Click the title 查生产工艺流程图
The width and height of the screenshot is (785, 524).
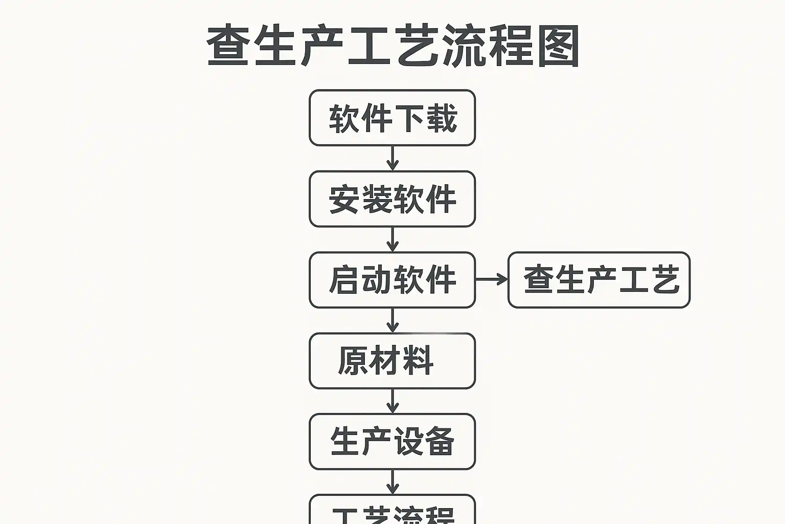coord(392,46)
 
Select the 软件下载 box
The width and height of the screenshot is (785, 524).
coord(392,118)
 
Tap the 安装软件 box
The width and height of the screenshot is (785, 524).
coord(392,199)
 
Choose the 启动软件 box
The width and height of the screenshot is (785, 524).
coord(392,280)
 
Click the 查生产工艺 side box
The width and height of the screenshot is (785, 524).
coord(599,280)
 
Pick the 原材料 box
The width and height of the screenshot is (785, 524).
coord(392,361)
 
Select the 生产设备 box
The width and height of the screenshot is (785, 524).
coord(392,442)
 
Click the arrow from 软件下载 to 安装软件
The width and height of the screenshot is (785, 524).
coord(392,158)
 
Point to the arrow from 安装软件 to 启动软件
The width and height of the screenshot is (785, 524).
coord(392,239)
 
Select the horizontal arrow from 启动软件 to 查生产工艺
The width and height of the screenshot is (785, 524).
coord(492,279)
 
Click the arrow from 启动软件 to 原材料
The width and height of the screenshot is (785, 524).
coord(392,320)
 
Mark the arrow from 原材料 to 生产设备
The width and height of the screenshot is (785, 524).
coord(392,401)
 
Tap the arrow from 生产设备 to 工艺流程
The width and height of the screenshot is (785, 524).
coord(392,482)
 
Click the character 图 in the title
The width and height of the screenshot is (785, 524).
coord(558,46)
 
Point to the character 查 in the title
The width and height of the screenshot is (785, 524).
coord(227,46)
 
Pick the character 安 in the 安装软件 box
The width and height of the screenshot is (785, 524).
coord(344,200)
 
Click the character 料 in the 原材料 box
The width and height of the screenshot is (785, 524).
coord(418,361)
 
